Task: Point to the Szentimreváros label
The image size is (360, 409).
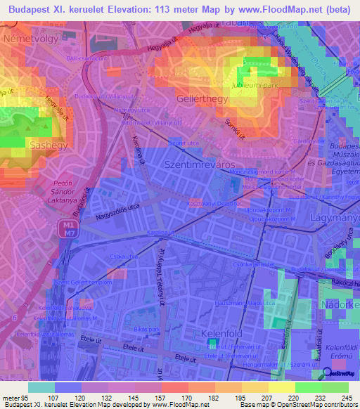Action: (197, 163)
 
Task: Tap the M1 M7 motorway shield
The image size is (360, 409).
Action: (66, 228)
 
